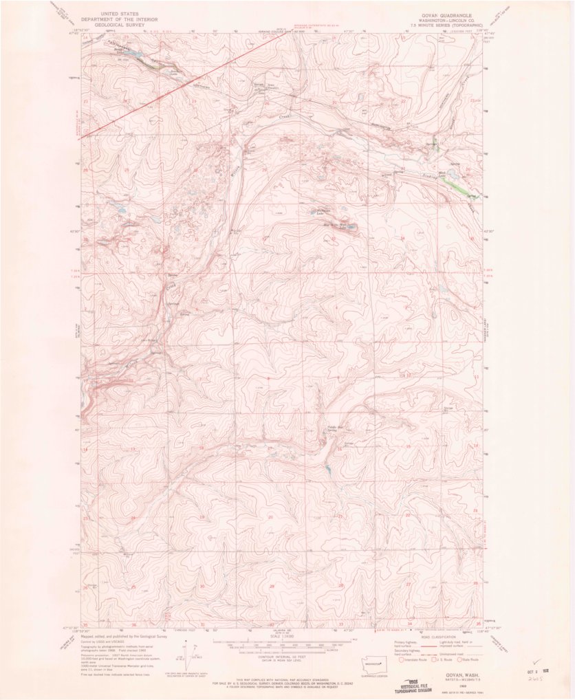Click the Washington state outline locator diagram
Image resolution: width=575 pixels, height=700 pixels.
373,664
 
